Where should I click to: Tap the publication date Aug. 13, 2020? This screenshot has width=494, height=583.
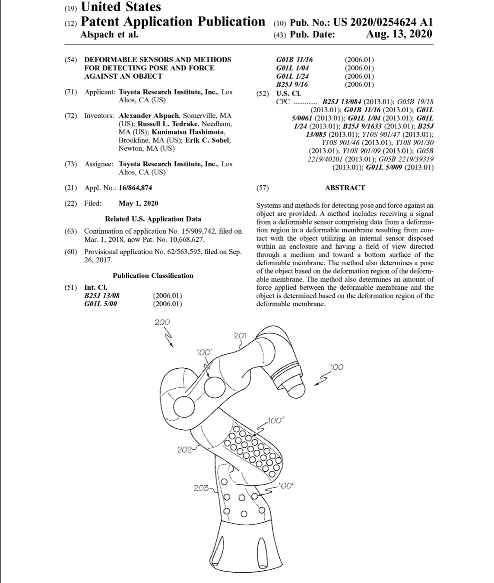399,35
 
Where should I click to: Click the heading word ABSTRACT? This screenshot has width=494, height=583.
345,188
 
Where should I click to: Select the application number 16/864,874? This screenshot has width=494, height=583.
135,188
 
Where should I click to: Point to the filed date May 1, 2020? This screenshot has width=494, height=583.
138,203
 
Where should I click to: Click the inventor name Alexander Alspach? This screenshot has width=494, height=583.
149,116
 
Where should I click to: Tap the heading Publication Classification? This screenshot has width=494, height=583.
153,276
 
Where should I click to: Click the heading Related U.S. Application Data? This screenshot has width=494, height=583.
153,219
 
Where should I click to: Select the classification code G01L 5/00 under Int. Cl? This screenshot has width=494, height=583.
100,304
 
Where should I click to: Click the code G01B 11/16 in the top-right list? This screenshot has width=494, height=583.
294,60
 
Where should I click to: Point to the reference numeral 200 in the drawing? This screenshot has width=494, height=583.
162,322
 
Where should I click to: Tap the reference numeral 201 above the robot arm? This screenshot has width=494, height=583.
240,336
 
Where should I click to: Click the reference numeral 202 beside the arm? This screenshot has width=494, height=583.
184,450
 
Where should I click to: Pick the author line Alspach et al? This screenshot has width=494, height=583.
109,35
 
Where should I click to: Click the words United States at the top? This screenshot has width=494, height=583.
121,7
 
